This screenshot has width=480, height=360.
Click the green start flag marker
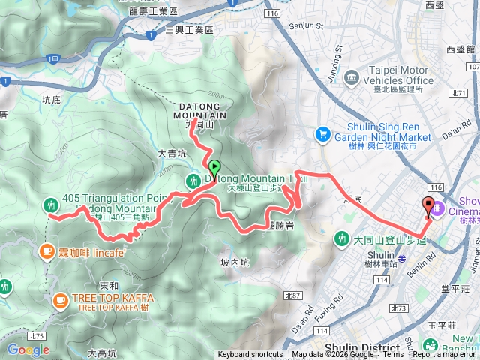[215, 169]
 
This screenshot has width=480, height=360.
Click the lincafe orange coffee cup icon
[48, 251]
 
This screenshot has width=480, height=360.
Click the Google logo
[28, 349]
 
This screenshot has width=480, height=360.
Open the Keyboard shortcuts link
[250, 355]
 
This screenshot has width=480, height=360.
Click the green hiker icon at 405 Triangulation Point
[50, 202]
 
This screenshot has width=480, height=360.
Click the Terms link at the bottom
[392, 355]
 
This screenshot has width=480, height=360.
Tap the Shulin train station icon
[402, 257]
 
